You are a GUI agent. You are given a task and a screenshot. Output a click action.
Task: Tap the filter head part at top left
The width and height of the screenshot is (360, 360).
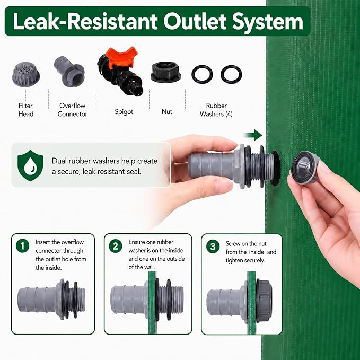click(x=26, y=74)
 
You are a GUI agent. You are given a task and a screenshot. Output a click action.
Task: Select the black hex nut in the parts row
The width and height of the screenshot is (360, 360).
click(x=165, y=72)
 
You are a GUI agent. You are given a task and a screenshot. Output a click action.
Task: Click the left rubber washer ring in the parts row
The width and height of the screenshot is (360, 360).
click(x=202, y=74)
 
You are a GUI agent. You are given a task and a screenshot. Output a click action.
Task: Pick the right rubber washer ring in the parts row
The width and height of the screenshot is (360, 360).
click(x=231, y=74)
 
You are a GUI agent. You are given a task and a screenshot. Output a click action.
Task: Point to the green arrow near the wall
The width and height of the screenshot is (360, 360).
click(x=253, y=135)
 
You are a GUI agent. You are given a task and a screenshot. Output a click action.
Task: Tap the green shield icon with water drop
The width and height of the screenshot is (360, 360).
click(x=30, y=165)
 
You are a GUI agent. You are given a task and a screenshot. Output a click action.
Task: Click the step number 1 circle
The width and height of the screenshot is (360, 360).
click(x=22, y=246)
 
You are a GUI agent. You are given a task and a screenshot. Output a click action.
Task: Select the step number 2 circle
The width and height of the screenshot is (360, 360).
click(x=116, y=246)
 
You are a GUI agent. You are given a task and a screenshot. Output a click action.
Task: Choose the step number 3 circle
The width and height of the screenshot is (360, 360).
click(x=213, y=247)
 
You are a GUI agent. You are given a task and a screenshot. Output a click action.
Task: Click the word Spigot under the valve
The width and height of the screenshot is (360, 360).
click(x=124, y=112)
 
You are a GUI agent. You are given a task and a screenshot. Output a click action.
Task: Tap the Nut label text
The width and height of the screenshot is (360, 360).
click(x=167, y=111)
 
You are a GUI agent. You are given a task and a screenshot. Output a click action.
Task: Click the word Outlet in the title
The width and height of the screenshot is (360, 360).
click(x=194, y=21)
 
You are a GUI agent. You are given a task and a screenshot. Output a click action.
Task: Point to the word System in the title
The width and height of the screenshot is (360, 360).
click(x=268, y=22)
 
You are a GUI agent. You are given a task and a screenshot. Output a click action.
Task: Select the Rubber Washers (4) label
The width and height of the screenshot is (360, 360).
click(x=216, y=110)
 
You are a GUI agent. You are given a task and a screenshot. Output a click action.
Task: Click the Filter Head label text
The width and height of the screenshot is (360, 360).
click(x=25, y=110)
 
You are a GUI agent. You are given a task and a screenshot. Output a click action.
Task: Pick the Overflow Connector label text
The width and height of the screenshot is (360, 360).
click(x=72, y=110)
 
